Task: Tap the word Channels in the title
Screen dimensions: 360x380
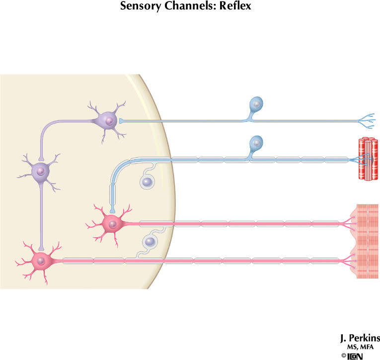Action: [187, 7]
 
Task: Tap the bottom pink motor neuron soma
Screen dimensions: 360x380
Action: [41, 260]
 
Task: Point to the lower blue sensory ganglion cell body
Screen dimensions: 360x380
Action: [256, 144]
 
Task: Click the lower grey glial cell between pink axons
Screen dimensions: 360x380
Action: [150, 242]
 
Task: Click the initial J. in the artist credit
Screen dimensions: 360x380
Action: [344, 339]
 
